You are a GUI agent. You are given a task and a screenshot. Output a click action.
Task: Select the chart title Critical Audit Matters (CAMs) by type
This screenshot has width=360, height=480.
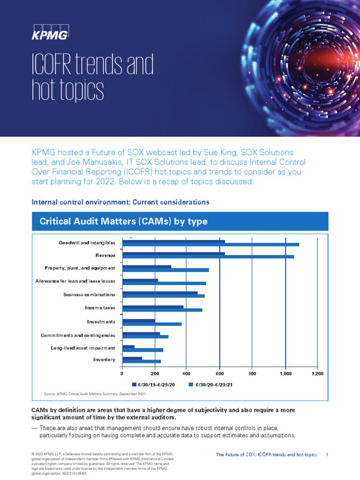coord(123,221)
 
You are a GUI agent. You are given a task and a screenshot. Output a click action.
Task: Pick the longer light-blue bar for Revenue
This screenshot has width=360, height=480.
coord(208,256)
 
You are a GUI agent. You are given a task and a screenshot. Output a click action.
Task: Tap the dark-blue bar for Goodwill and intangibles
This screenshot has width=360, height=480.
coord(173,242)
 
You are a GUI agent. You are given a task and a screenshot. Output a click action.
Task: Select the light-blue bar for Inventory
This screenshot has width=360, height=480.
coord(141,361)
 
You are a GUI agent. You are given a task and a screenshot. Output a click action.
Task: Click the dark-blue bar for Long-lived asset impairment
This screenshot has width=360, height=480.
coord(128,347)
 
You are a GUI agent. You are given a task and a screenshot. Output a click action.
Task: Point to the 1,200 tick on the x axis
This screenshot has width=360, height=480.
coord(317,374)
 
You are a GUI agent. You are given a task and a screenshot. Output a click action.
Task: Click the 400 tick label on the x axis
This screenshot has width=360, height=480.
coord(186,374)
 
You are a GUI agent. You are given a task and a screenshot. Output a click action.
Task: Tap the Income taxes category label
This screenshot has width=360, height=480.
coord(100,308)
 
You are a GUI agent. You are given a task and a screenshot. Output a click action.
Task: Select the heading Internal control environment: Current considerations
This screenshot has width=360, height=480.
coord(120,202)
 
